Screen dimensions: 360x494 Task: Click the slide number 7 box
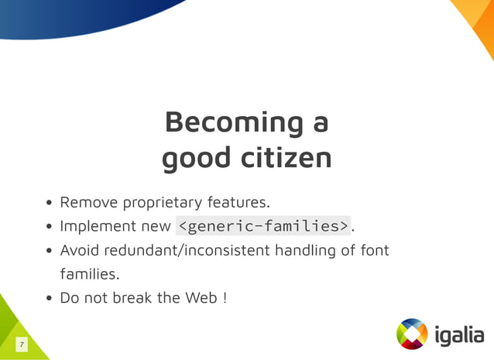[22, 344]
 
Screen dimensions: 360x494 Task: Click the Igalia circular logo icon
[412, 334]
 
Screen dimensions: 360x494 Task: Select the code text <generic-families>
[263, 226]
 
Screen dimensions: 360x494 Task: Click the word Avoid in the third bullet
[80, 250]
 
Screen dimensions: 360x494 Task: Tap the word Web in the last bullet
[203, 297]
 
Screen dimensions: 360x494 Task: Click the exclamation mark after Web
[225, 297]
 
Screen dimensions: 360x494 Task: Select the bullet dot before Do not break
[49, 298]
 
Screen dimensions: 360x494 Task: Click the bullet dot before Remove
[49, 204]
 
